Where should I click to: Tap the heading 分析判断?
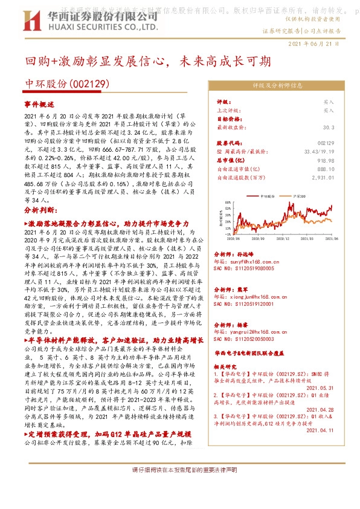pos(40,210)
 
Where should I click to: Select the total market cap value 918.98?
pos(324,160)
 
